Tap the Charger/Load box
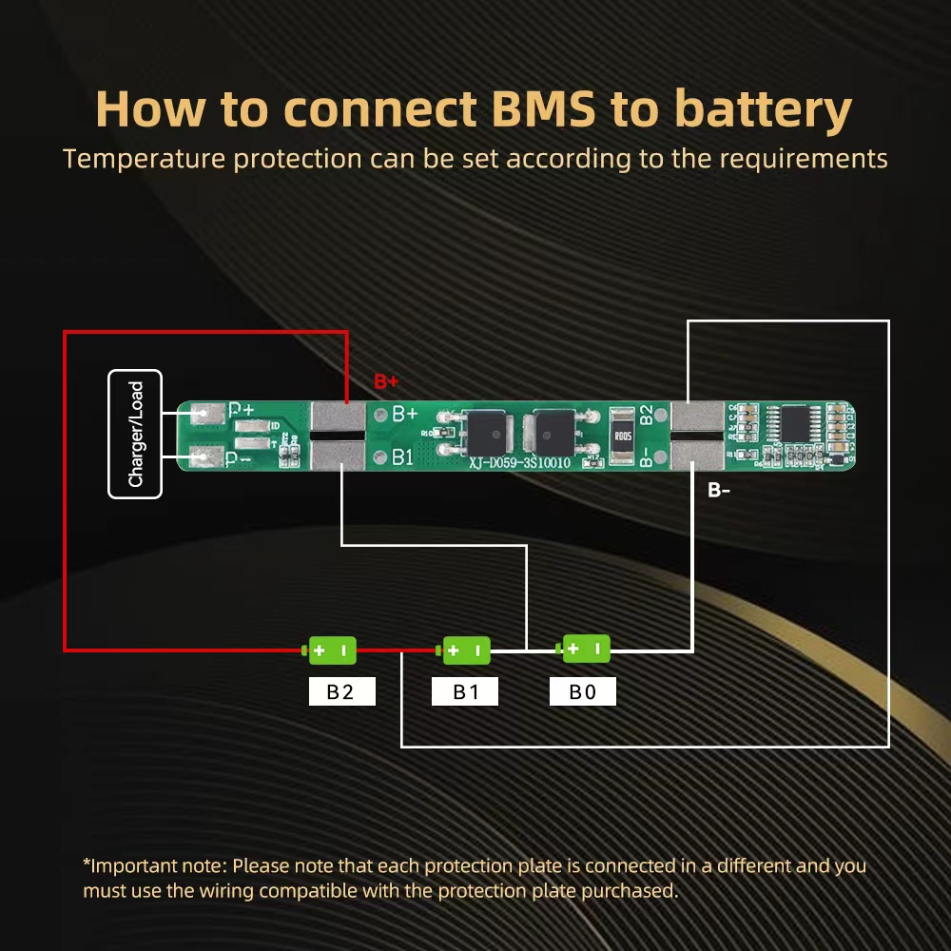tap(135, 434)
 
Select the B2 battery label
tap(341, 691)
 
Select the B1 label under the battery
tap(465, 691)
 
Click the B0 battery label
tap(582, 691)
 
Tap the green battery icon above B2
tap(330, 650)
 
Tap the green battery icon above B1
tap(464, 650)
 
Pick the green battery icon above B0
tap(585, 649)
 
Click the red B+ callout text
tap(386, 382)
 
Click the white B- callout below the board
tap(719, 491)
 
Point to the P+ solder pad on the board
tap(204, 415)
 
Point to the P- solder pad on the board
tap(204, 457)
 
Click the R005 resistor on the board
tap(622, 437)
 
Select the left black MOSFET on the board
tap(480, 436)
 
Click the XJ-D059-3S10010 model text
tap(518, 463)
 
